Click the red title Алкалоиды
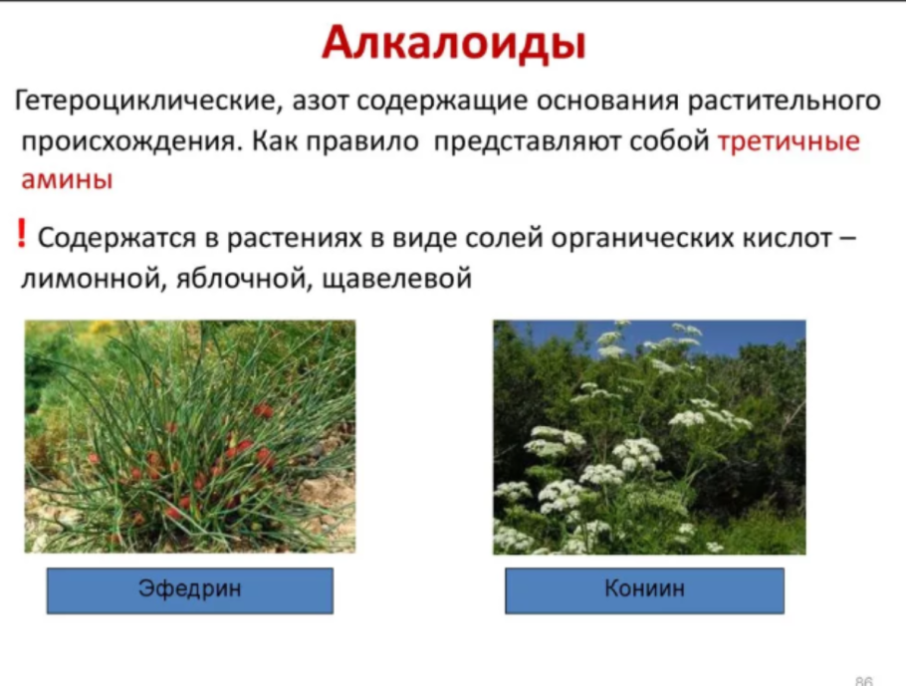453,43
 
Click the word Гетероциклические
143,102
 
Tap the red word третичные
788,140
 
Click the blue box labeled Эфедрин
189,589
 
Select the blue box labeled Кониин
644,589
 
